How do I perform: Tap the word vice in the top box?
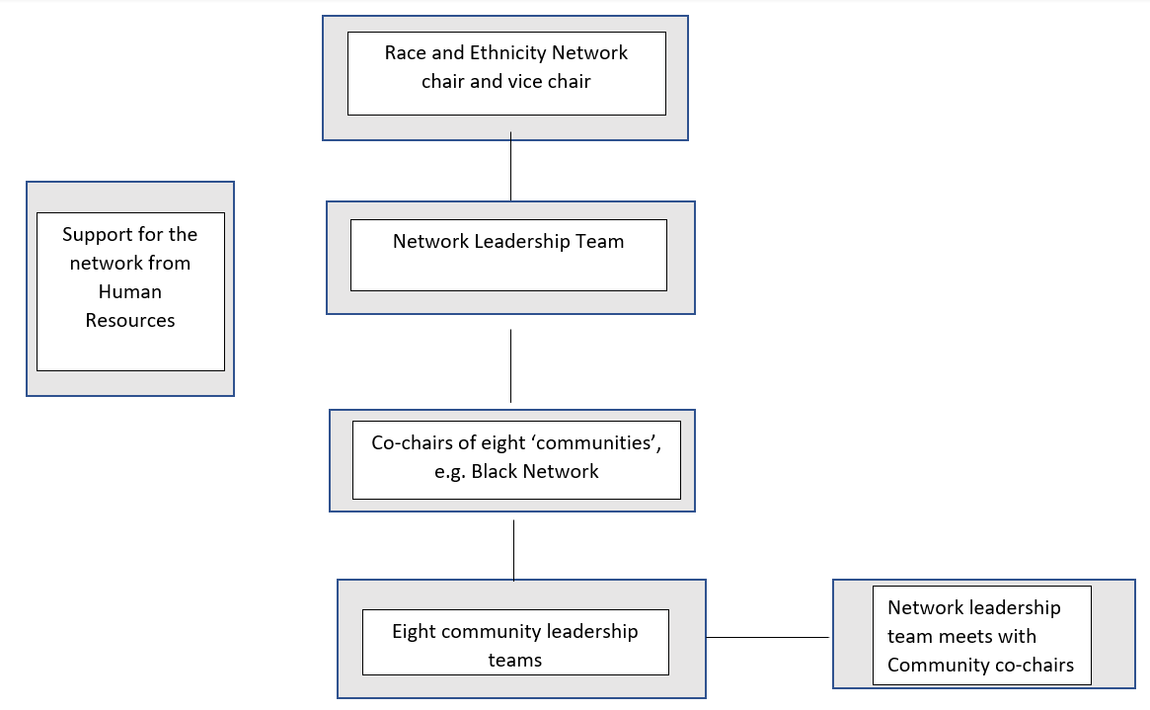pos(529,82)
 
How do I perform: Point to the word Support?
pos(97,235)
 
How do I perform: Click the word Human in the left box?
pos(129,292)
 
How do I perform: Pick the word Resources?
pos(129,321)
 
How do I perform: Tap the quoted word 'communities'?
pos(607,443)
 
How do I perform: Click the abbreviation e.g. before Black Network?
pos(451,472)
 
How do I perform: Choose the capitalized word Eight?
pos(415,632)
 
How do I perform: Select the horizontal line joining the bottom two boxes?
pos(768,637)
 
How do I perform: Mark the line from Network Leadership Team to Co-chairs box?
pos(510,365)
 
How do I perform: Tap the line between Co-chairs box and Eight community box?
pos(513,549)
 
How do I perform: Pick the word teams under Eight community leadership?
pos(514,661)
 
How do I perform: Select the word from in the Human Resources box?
pos(168,264)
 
